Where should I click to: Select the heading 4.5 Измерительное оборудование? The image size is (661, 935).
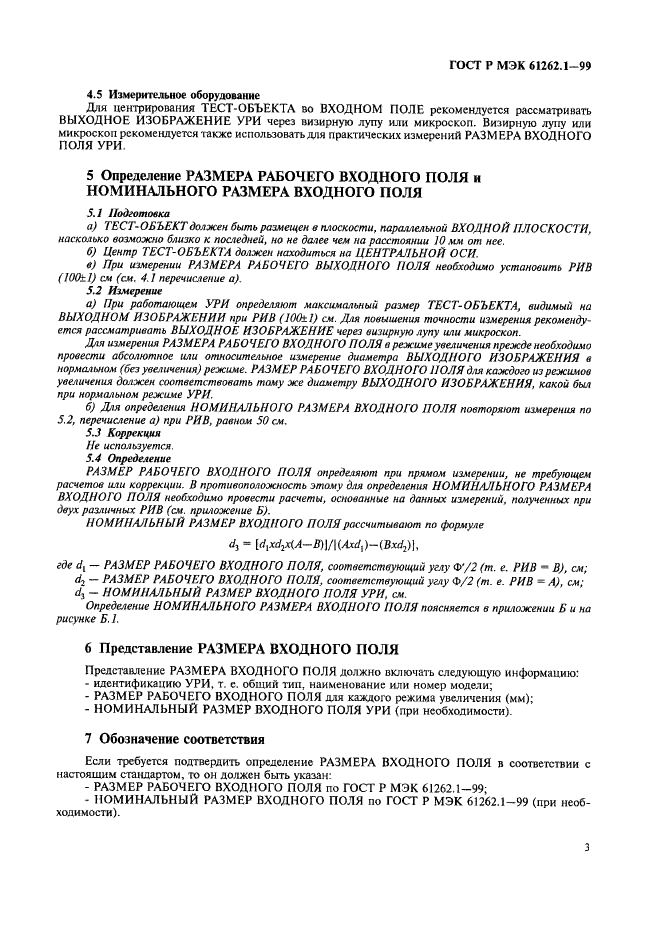(172, 96)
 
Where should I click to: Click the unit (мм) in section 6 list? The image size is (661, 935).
(515, 698)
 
